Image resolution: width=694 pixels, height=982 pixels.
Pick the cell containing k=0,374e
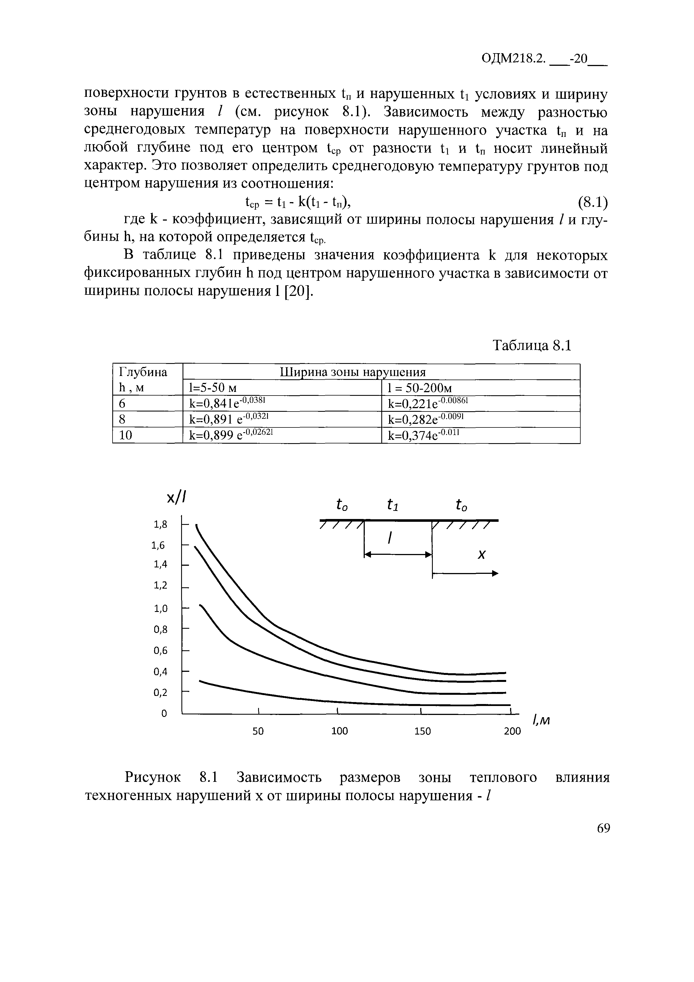422,435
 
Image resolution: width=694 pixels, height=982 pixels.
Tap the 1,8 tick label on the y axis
160,524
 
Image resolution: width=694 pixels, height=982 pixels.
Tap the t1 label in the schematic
392,506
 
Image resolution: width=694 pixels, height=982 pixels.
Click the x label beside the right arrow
482,555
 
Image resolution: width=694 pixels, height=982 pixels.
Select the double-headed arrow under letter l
398,555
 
